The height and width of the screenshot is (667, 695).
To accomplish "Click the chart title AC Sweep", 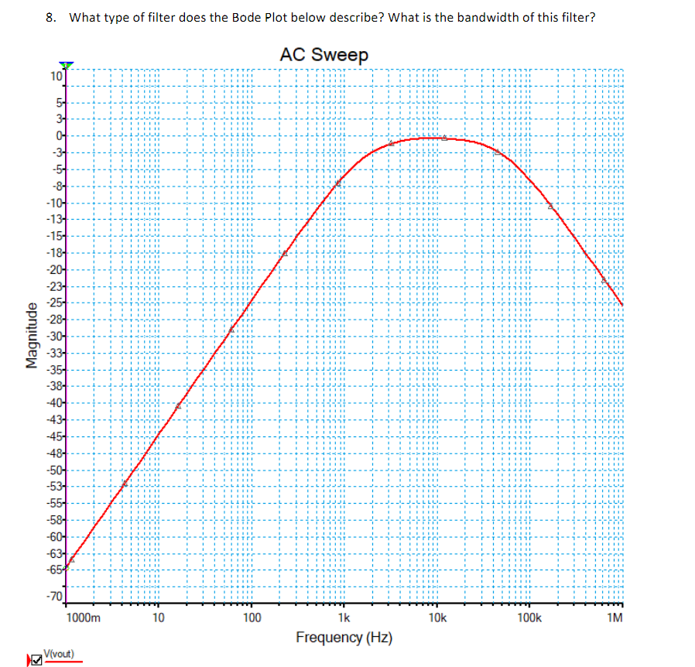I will click(x=324, y=55).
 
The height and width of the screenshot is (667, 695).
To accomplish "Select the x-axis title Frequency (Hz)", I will click(x=344, y=638).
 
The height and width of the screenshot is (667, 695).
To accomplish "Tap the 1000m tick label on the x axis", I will click(x=83, y=618).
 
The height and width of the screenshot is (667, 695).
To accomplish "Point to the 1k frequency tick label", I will click(x=344, y=618).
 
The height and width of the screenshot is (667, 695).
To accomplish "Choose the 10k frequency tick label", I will click(x=437, y=618).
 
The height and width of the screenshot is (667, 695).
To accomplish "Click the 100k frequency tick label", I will click(x=529, y=618).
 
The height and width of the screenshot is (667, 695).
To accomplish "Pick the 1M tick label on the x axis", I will click(x=615, y=618).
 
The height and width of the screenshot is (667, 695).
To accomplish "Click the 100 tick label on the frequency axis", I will click(x=252, y=618).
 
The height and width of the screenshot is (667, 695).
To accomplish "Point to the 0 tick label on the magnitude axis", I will click(x=58, y=135).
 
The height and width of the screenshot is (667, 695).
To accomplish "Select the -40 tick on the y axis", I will click(x=55, y=402).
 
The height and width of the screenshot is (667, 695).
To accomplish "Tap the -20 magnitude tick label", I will click(x=55, y=269).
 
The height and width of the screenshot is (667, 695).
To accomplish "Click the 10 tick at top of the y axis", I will click(x=56, y=77).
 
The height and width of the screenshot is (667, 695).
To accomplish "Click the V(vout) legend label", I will click(x=60, y=654).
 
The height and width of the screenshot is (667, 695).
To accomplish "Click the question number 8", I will click(x=50, y=17).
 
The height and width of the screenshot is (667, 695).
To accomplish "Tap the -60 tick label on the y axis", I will click(x=55, y=536).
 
